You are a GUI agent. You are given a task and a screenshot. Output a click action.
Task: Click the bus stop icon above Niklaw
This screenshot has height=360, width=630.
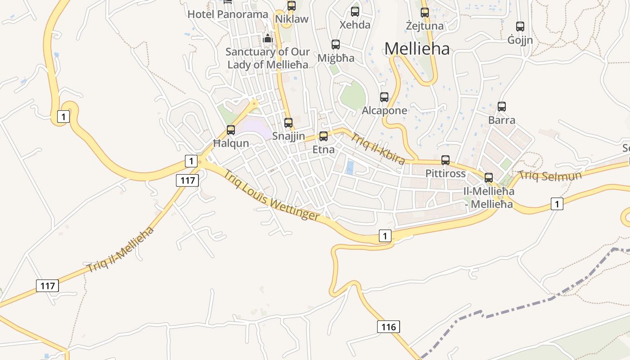click(292, 6)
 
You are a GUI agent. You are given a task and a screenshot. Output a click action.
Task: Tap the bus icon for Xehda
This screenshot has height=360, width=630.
click(355, 12)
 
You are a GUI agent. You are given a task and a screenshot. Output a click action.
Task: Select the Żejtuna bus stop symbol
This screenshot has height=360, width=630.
click(425, 13)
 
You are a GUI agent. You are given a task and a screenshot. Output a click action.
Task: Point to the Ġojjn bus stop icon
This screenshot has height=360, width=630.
click(520, 27)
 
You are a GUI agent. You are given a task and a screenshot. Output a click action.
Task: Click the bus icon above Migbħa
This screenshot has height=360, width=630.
click(336, 45)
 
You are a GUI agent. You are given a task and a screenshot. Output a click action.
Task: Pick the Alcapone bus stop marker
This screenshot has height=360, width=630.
click(384, 97)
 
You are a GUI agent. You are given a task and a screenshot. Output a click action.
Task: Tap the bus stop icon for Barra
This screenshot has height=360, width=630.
click(502, 107)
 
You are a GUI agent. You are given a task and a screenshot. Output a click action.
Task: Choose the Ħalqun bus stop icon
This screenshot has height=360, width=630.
click(231, 130)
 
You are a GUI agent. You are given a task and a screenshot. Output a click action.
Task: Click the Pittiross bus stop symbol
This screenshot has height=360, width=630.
click(445, 160)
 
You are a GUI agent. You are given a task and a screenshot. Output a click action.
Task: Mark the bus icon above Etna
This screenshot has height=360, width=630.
click(324, 136)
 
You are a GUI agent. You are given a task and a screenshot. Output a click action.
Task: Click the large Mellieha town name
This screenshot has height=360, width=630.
click(417, 49)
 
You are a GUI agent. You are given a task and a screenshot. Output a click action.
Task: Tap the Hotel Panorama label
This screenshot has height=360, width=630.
click(228, 14)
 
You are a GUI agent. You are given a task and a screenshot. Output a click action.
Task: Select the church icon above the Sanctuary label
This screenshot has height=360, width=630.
click(268, 39)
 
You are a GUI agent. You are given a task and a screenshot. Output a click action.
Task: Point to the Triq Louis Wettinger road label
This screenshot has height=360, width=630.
click(271, 195)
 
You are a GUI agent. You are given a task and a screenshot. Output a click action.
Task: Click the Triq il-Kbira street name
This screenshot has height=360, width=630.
click(378, 148)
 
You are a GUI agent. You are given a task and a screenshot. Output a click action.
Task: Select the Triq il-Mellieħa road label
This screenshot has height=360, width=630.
click(120, 250)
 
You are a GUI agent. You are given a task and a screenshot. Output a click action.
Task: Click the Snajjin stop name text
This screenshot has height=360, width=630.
click(288, 136)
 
